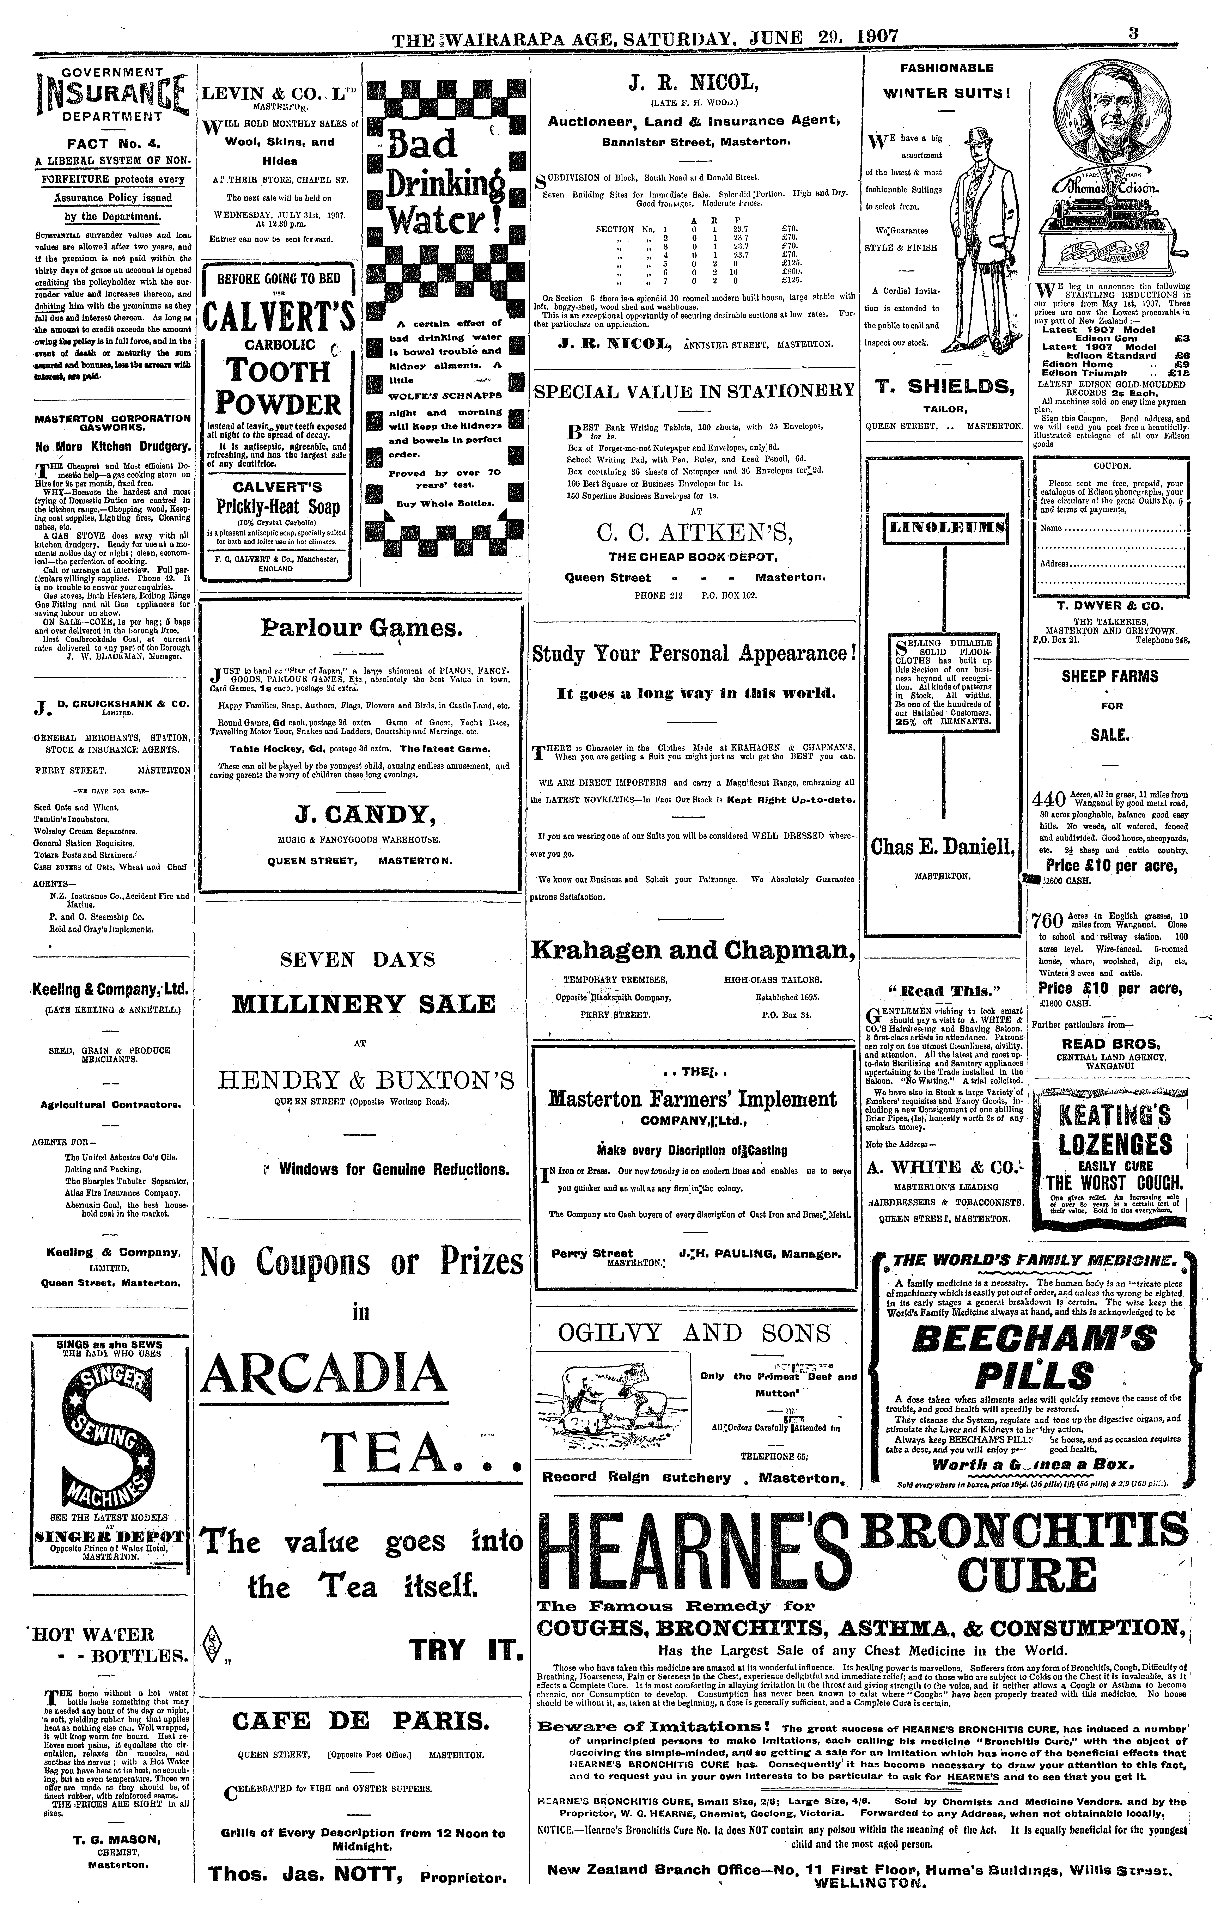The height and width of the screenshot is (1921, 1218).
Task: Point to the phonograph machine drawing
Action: pos(1113,239)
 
